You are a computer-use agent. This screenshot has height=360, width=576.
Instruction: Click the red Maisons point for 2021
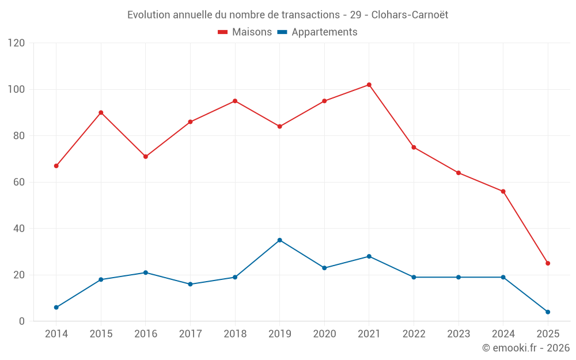click(369, 85)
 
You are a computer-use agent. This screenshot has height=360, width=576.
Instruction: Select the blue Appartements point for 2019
click(279, 240)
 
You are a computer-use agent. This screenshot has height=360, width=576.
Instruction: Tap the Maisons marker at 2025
click(548, 263)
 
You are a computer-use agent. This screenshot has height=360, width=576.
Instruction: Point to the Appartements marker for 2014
click(56, 308)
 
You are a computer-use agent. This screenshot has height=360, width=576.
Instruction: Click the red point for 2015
click(101, 112)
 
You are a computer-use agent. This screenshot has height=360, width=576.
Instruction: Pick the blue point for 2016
click(145, 272)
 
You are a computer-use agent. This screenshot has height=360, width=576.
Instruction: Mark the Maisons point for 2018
click(235, 101)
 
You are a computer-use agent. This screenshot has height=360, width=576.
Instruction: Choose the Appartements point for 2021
click(369, 256)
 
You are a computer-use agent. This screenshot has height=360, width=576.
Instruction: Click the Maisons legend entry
click(245, 32)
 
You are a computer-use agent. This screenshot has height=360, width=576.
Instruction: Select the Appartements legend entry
click(317, 32)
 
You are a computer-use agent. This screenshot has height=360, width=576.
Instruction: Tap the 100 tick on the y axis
click(17, 89)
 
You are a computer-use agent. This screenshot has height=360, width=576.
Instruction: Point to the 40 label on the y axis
click(20, 229)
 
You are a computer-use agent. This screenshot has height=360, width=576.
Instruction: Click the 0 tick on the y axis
click(22, 321)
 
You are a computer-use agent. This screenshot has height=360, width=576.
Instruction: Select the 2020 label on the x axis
click(324, 334)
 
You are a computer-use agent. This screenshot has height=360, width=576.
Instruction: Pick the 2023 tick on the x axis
click(458, 334)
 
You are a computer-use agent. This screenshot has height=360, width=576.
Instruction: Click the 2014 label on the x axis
click(56, 334)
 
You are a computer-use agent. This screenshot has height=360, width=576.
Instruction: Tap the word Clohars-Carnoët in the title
click(410, 14)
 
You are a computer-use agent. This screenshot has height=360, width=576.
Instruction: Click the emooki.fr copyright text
click(526, 348)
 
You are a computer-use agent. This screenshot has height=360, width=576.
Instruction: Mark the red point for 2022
click(414, 147)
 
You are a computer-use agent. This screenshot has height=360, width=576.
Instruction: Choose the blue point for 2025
click(548, 312)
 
